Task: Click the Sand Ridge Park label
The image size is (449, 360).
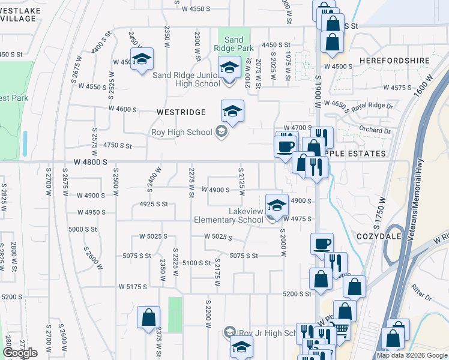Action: [234, 44]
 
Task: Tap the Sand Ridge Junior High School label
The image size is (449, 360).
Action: [187, 79]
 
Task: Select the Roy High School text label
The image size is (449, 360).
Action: [182, 132]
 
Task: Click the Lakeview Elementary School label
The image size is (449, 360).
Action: [229, 215]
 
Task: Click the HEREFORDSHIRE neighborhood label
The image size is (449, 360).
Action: [394, 61]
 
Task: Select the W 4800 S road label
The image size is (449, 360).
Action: [91, 162]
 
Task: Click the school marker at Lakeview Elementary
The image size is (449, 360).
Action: [276, 205]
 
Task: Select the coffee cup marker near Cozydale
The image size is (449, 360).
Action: [322, 244]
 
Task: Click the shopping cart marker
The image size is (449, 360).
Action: [340, 328]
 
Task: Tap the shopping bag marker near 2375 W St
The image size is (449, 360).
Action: [148, 317]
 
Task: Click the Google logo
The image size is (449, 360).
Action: [20, 353]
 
